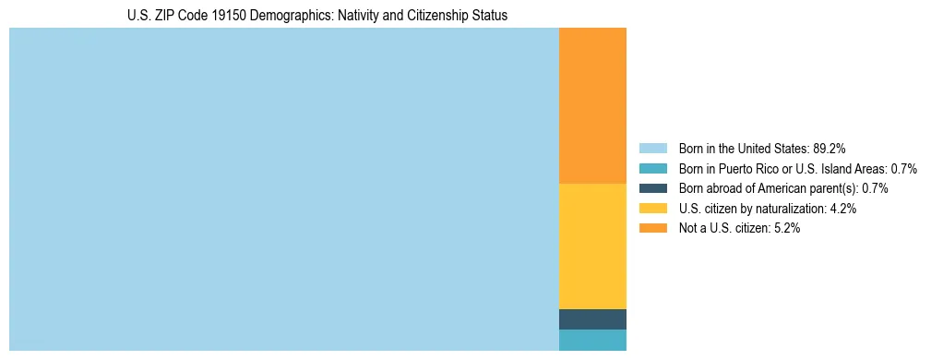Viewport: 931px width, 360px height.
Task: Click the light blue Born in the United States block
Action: (x=284, y=189)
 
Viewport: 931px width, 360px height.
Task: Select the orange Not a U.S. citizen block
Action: (x=592, y=106)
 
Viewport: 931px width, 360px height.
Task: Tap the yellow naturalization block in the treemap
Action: (x=592, y=246)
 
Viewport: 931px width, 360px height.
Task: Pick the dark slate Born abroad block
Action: (x=592, y=319)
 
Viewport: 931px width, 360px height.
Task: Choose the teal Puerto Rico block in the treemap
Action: (x=592, y=340)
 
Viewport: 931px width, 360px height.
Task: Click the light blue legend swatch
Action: (x=652, y=149)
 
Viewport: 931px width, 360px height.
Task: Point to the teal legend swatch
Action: (x=652, y=169)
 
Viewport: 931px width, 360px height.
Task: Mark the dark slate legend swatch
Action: (x=652, y=188)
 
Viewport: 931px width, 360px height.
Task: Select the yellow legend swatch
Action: (x=652, y=209)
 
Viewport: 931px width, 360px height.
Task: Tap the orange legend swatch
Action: (x=652, y=228)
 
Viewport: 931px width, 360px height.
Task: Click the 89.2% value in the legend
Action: (x=830, y=149)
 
